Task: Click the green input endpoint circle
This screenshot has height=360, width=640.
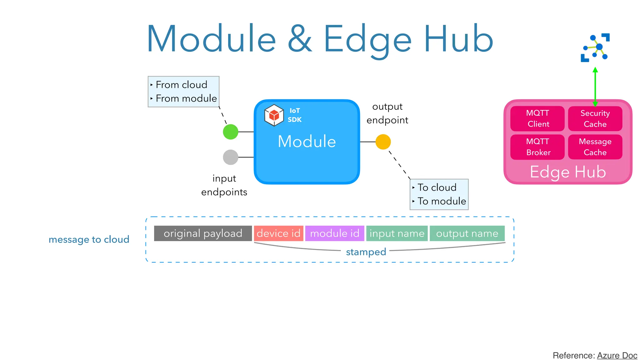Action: (x=231, y=132)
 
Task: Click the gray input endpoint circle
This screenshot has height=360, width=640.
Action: (x=231, y=157)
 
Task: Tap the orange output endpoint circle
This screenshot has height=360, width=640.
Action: (x=383, y=142)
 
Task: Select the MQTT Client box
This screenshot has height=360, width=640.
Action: (x=537, y=118)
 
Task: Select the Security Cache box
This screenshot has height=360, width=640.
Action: (x=595, y=118)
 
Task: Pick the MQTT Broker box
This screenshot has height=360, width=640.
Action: (x=537, y=147)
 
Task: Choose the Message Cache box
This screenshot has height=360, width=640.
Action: (x=595, y=147)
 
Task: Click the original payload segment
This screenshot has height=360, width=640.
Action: (x=203, y=233)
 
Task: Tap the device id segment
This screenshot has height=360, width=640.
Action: (x=278, y=233)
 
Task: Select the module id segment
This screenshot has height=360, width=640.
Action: (x=335, y=233)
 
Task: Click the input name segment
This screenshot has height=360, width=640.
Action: (x=397, y=233)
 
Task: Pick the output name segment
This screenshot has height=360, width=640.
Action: (x=467, y=233)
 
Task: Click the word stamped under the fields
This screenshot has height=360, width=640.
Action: (x=366, y=252)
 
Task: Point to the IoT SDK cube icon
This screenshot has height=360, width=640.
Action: (x=274, y=115)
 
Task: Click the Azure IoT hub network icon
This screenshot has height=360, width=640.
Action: (x=595, y=48)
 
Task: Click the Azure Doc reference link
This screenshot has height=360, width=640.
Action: (x=617, y=356)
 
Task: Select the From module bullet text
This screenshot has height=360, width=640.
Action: (x=186, y=98)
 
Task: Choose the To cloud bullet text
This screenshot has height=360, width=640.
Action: (x=437, y=187)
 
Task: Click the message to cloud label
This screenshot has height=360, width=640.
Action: (x=89, y=239)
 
